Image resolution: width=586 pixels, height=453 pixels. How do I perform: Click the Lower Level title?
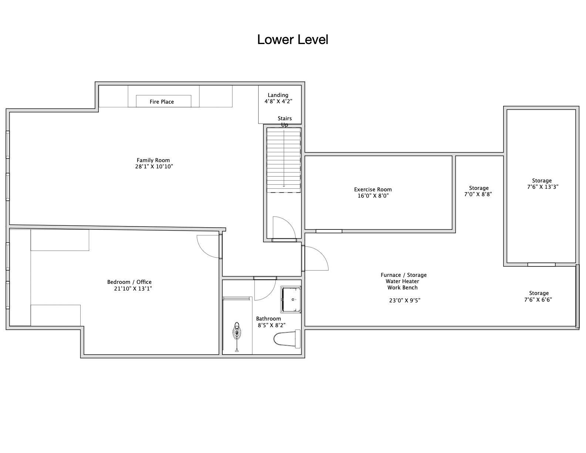point(293,40)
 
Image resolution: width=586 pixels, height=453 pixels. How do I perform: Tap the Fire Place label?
point(162,102)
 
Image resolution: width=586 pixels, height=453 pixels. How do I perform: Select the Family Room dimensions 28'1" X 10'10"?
point(154,167)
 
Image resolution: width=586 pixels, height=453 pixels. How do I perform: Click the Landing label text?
point(278,95)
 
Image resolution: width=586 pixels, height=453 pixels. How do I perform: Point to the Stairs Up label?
point(285,121)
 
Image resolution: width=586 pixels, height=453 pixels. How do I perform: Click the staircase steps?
point(283,160)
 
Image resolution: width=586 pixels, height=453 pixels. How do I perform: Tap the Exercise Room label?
point(373,189)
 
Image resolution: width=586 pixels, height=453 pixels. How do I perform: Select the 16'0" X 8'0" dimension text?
point(373,196)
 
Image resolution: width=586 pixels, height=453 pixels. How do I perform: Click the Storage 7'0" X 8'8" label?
point(478,191)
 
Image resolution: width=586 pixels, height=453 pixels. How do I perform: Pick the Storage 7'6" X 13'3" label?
point(543,184)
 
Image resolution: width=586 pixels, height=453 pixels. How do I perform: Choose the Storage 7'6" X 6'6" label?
point(538,296)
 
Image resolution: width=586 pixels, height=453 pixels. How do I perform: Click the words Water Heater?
point(403,281)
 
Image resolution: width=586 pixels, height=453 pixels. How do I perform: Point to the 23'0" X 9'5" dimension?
point(404,300)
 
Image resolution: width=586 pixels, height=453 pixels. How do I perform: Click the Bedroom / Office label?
point(129,282)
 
